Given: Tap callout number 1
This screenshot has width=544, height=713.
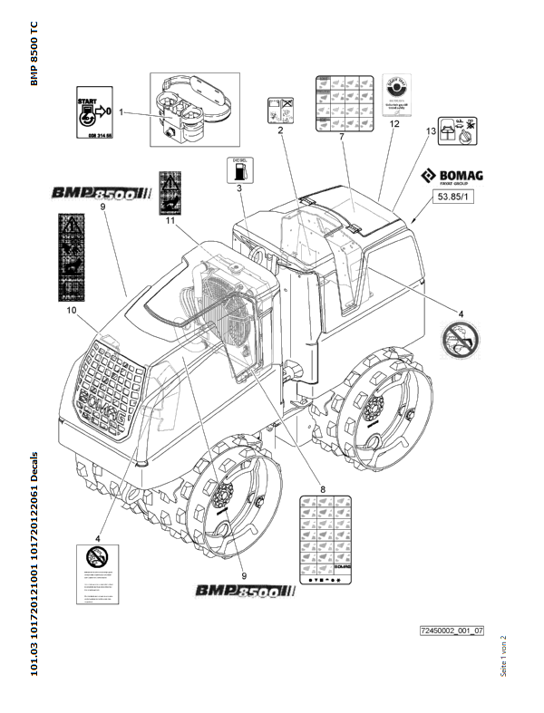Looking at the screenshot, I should click(x=122, y=113).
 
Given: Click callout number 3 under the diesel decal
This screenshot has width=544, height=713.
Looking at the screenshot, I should click(x=238, y=188).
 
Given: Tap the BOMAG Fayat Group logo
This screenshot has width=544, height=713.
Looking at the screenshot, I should click(x=450, y=178).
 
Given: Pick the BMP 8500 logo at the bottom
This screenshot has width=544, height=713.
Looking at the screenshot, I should click(x=246, y=591).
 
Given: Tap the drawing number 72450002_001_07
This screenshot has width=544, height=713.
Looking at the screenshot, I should click(x=452, y=629).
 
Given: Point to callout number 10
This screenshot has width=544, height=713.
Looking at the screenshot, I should click(x=73, y=310).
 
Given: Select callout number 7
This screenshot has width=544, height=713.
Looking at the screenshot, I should click(x=341, y=136).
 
